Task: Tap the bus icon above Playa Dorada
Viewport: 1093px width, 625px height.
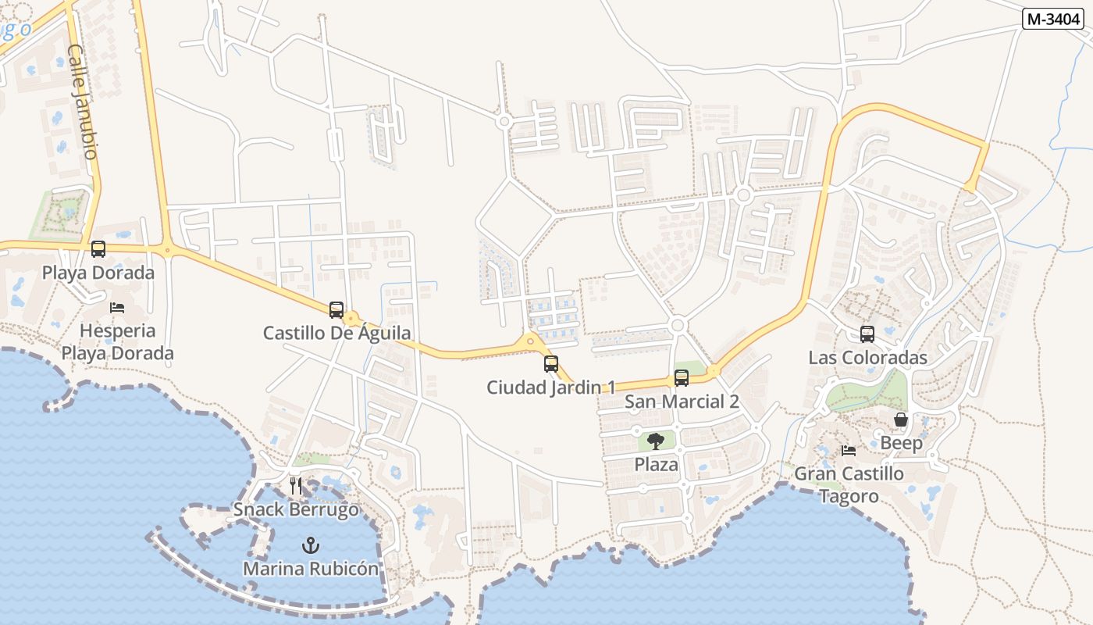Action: [98, 249]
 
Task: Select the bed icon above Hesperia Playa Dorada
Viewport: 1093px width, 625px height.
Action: [117, 307]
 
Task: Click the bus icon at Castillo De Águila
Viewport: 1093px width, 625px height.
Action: [336, 309]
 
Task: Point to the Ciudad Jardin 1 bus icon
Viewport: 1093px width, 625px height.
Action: [551, 363]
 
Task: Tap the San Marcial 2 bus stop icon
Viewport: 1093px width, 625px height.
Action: [682, 378]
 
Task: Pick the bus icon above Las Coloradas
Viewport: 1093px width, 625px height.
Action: [867, 334]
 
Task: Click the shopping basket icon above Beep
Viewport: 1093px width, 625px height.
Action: [901, 420]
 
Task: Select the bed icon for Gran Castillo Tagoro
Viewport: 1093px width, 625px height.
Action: [849, 450]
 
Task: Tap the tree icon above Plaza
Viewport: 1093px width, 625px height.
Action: [656, 441]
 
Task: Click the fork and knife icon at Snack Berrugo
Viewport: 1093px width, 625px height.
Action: [296, 486]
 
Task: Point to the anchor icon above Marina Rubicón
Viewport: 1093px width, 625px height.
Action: [311, 545]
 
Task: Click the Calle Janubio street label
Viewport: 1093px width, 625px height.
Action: [82, 102]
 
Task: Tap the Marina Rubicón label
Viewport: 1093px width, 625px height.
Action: [311, 568]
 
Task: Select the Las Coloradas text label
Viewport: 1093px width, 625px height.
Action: [867, 358]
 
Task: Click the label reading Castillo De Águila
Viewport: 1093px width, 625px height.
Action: [336, 333]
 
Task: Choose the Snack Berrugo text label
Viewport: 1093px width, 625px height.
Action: [296, 510]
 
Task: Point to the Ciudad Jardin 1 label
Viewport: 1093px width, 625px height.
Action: [551, 387]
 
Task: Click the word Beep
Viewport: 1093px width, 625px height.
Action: [901, 443]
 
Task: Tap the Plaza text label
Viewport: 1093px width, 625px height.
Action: [656, 464]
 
